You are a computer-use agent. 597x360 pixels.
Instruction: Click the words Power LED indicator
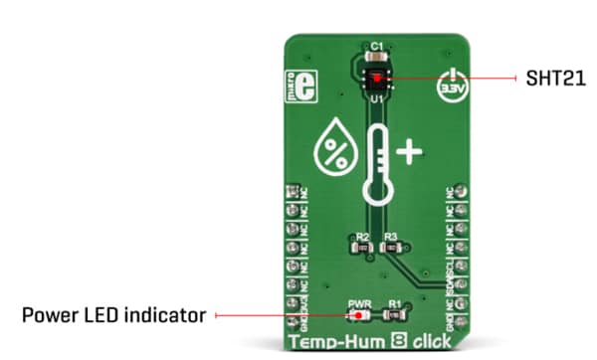[x=113, y=315]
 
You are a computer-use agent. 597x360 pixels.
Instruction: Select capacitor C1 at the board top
[x=376, y=58]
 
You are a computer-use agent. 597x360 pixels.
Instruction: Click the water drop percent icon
[x=330, y=150]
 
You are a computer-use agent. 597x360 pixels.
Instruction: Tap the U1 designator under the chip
[x=376, y=99]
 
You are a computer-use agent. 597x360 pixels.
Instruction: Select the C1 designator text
[x=376, y=46]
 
